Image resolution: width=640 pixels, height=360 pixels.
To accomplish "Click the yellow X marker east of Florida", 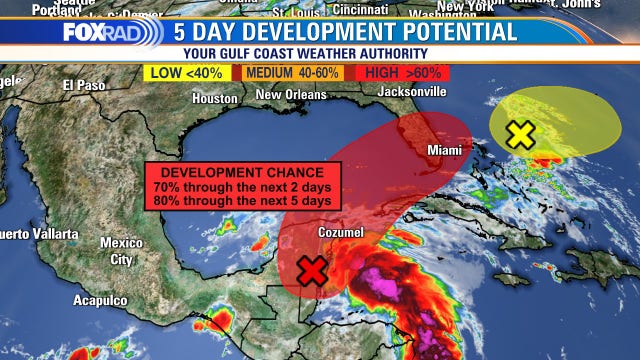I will [520, 134].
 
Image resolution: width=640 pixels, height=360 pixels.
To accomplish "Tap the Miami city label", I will [445, 150].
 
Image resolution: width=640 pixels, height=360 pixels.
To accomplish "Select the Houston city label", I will [215, 99].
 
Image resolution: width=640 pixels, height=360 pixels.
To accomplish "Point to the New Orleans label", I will [291, 95].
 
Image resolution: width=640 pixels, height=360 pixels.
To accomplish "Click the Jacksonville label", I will [411, 91].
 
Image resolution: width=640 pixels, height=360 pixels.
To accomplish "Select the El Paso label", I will [83, 85].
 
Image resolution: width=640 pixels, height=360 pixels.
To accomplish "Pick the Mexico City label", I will [121, 251].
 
